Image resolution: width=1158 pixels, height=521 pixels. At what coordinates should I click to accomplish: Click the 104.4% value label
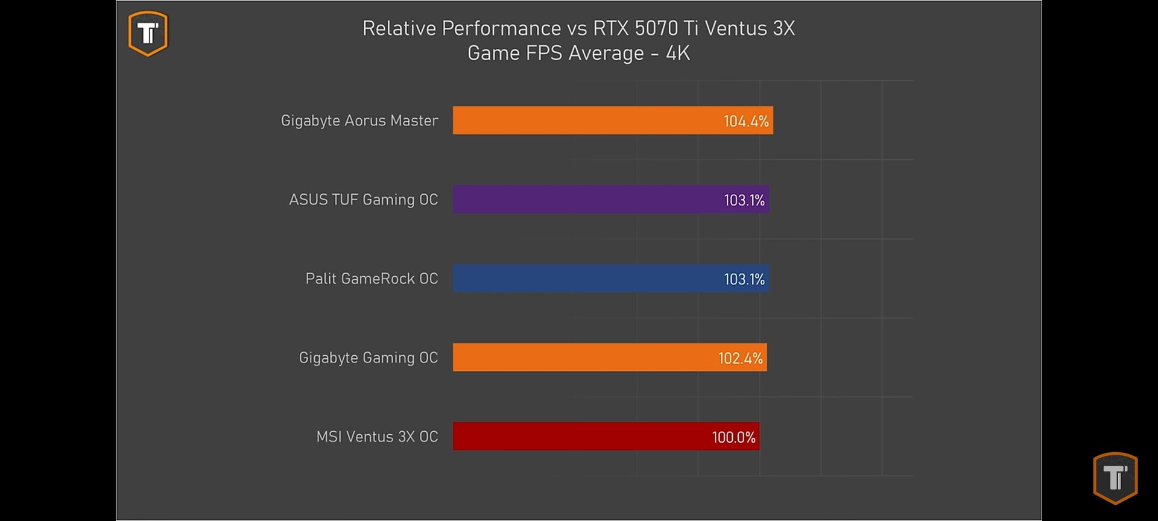(x=746, y=121)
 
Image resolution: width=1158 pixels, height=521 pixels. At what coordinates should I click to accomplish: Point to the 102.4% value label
(x=740, y=358)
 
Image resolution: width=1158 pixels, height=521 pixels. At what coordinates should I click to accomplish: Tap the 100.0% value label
(x=733, y=437)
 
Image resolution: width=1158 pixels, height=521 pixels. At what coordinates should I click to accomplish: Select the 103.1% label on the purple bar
(x=744, y=200)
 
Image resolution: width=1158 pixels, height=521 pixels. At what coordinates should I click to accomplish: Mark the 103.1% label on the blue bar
(x=744, y=279)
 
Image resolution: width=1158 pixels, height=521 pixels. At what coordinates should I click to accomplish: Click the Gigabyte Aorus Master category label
(x=359, y=121)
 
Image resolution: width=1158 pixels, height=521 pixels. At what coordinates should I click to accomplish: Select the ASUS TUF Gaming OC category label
(x=363, y=200)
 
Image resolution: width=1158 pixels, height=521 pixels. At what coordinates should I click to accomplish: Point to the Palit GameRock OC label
(x=372, y=279)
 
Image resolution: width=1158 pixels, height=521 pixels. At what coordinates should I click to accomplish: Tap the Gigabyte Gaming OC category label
(x=368, y=358)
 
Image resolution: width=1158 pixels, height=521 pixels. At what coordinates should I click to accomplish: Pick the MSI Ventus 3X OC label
(x=377, y=437)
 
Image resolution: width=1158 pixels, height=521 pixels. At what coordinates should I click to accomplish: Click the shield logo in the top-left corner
(x=148, y=33)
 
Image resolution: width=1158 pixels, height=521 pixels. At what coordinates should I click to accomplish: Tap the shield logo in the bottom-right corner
(x=1115, y=478)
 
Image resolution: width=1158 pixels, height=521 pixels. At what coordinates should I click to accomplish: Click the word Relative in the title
(x=399, y=28)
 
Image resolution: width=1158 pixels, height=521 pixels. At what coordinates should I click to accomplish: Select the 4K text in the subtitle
(x=677, y=53)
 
